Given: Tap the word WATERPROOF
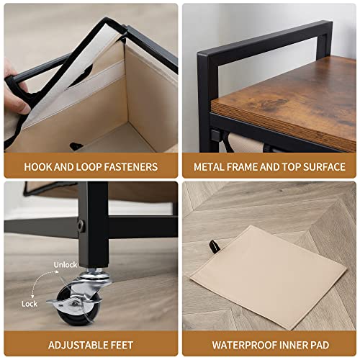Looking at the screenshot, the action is (242, 345).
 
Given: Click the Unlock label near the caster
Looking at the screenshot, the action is (66, 265).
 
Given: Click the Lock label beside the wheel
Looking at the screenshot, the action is (30, 304).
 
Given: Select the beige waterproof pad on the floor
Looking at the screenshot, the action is (268, 276).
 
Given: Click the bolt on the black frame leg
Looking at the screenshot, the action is (81, 225).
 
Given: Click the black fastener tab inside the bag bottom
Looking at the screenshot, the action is (76, 145).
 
